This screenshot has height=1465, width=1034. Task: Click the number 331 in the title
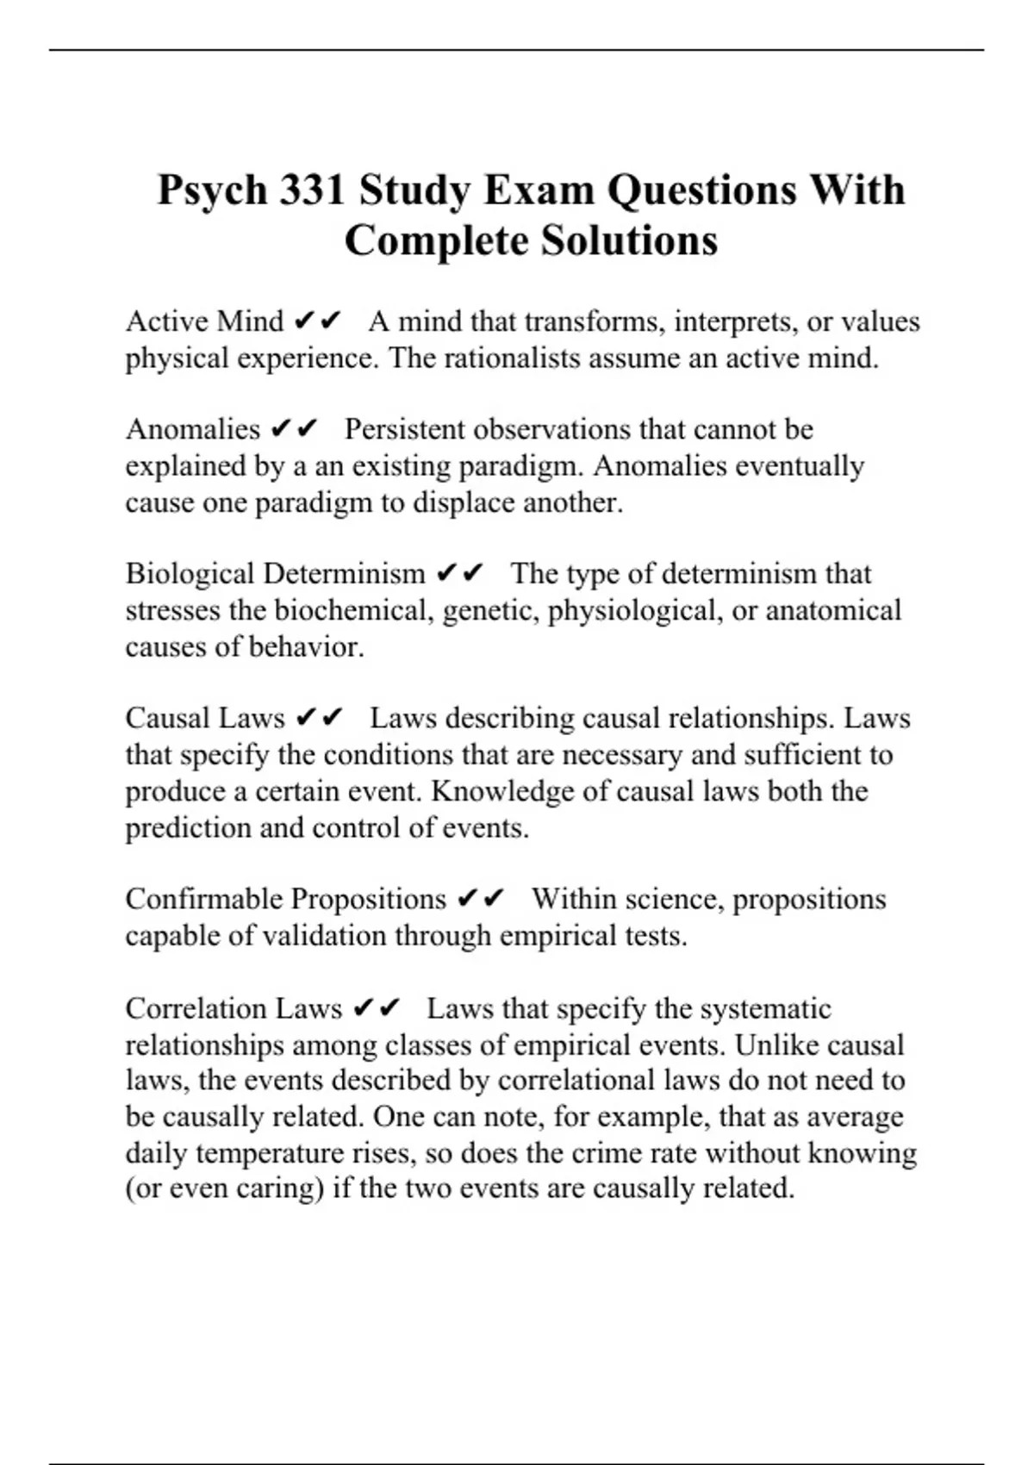click(x=312, y=190)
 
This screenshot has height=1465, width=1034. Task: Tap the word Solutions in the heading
click(x=629, y=240)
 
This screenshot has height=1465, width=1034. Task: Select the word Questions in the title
click(x=702, y=190)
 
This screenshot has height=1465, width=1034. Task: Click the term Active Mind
click(x=204, y=321)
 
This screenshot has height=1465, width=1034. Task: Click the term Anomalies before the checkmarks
click(x=192, y=429)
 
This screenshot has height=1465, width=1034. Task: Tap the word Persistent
click(x=404, y=429)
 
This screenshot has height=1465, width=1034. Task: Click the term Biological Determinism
click(x=275, y=574)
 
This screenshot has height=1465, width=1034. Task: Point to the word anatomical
click(x=833, y=610)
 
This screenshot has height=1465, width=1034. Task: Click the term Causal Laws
click(x=204, y=718)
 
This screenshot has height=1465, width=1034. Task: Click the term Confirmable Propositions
click(x=285, y=899)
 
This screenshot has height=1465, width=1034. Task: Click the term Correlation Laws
click(x=234, y=1008)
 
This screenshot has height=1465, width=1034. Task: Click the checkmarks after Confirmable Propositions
click(x=481, y=899)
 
